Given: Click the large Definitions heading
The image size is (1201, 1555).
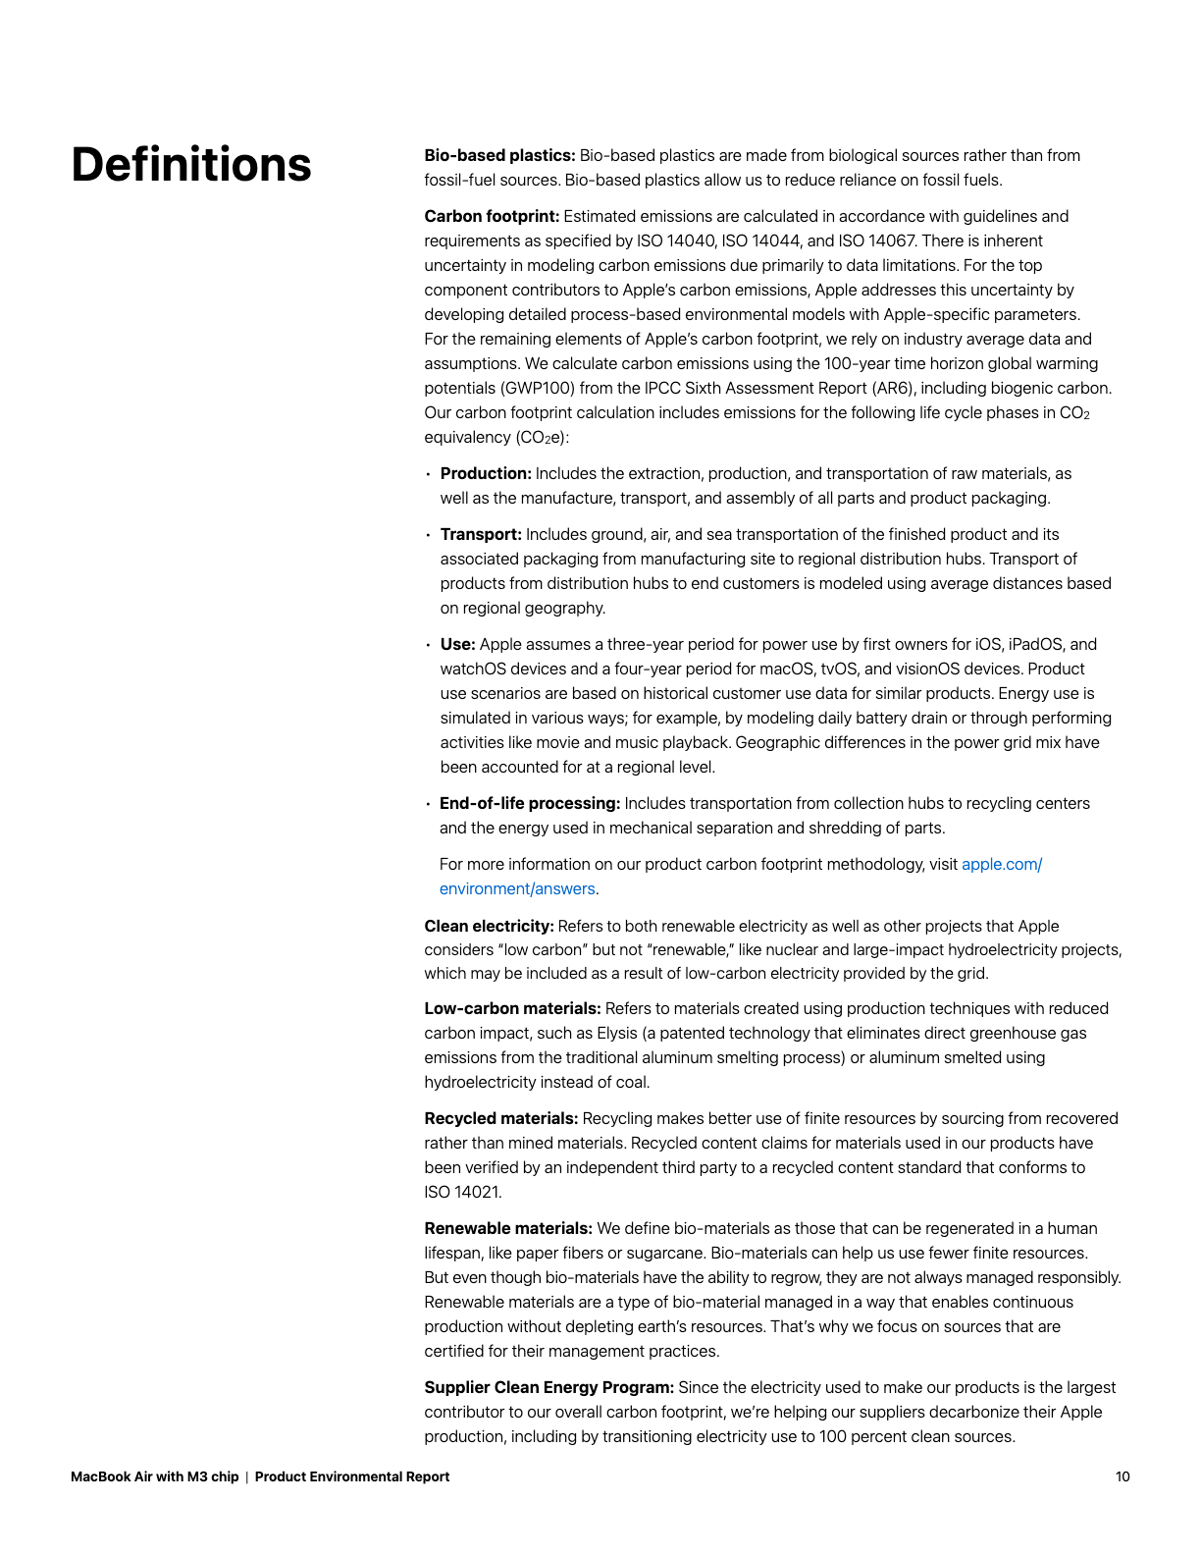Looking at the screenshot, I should (x=191, y=165).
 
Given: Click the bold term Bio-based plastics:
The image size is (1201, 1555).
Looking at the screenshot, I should (x=499, y=155).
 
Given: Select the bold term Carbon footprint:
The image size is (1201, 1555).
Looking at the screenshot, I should (x=492, y=216).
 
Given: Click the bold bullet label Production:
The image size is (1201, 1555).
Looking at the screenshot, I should (x=486, y=473).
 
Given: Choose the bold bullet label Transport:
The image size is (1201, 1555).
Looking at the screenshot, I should (x=481, y=534).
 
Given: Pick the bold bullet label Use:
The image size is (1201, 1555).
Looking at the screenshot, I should (x=457, y=644).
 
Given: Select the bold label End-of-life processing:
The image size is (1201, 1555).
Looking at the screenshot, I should (x=530, y=803).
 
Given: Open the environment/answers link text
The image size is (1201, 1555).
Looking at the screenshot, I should (x=517, y=888).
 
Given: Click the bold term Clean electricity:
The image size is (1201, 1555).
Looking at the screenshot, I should (x=489, y=926).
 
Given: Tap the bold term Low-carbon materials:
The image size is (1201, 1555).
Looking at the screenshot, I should (x=512, y=1008).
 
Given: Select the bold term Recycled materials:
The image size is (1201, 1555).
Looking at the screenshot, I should (x=501, y=1118).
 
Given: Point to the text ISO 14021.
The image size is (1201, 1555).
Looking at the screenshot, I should (x=462, y=1192).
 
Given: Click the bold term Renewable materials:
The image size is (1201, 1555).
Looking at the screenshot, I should (x=508, y=1228).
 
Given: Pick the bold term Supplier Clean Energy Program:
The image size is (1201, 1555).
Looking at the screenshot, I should (x=548, y=1387).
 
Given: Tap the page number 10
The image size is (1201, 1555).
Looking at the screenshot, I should (x=1123, y=1476).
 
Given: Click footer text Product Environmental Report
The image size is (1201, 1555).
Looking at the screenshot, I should (x=352, y=1476).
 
